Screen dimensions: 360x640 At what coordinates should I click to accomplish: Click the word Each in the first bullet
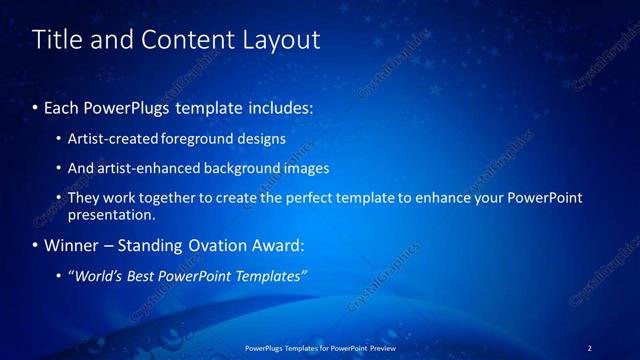[x=62, y=107]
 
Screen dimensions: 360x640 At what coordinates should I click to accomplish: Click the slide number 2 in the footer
[x=589, y=348]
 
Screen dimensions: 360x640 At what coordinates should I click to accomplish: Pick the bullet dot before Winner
[x=36, y=246]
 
